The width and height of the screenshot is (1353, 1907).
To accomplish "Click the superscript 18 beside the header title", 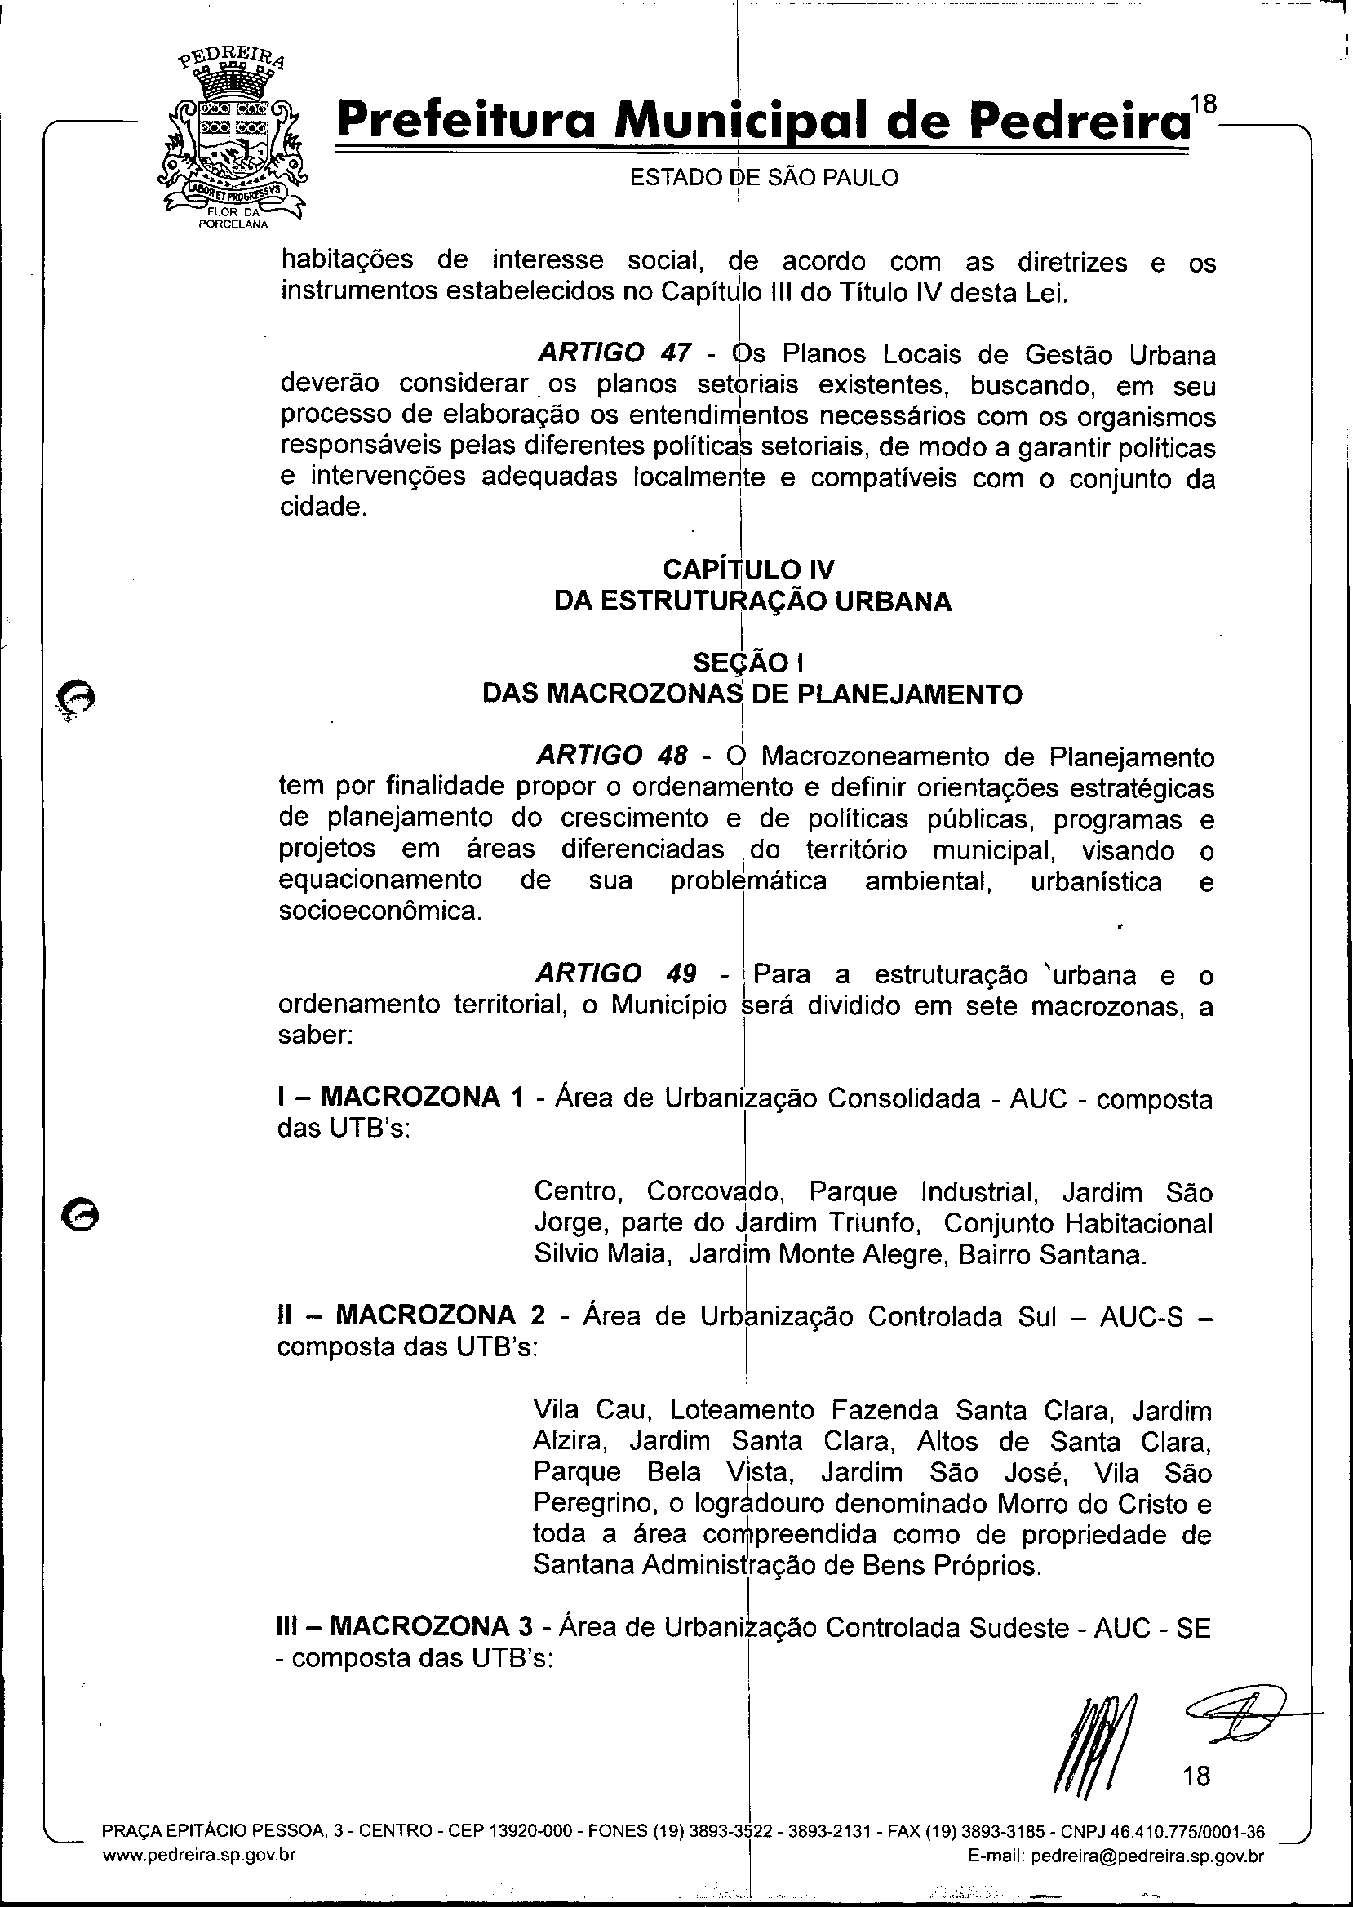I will [x=1203, y=104].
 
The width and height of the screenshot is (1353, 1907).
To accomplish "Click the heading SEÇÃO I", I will [x=747, y=663].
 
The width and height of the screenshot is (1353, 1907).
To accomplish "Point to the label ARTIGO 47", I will [x=614, y=353].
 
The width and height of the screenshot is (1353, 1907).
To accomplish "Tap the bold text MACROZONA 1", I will [x=423, y=1097].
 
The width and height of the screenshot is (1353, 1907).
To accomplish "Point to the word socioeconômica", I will [x=380, y=911].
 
